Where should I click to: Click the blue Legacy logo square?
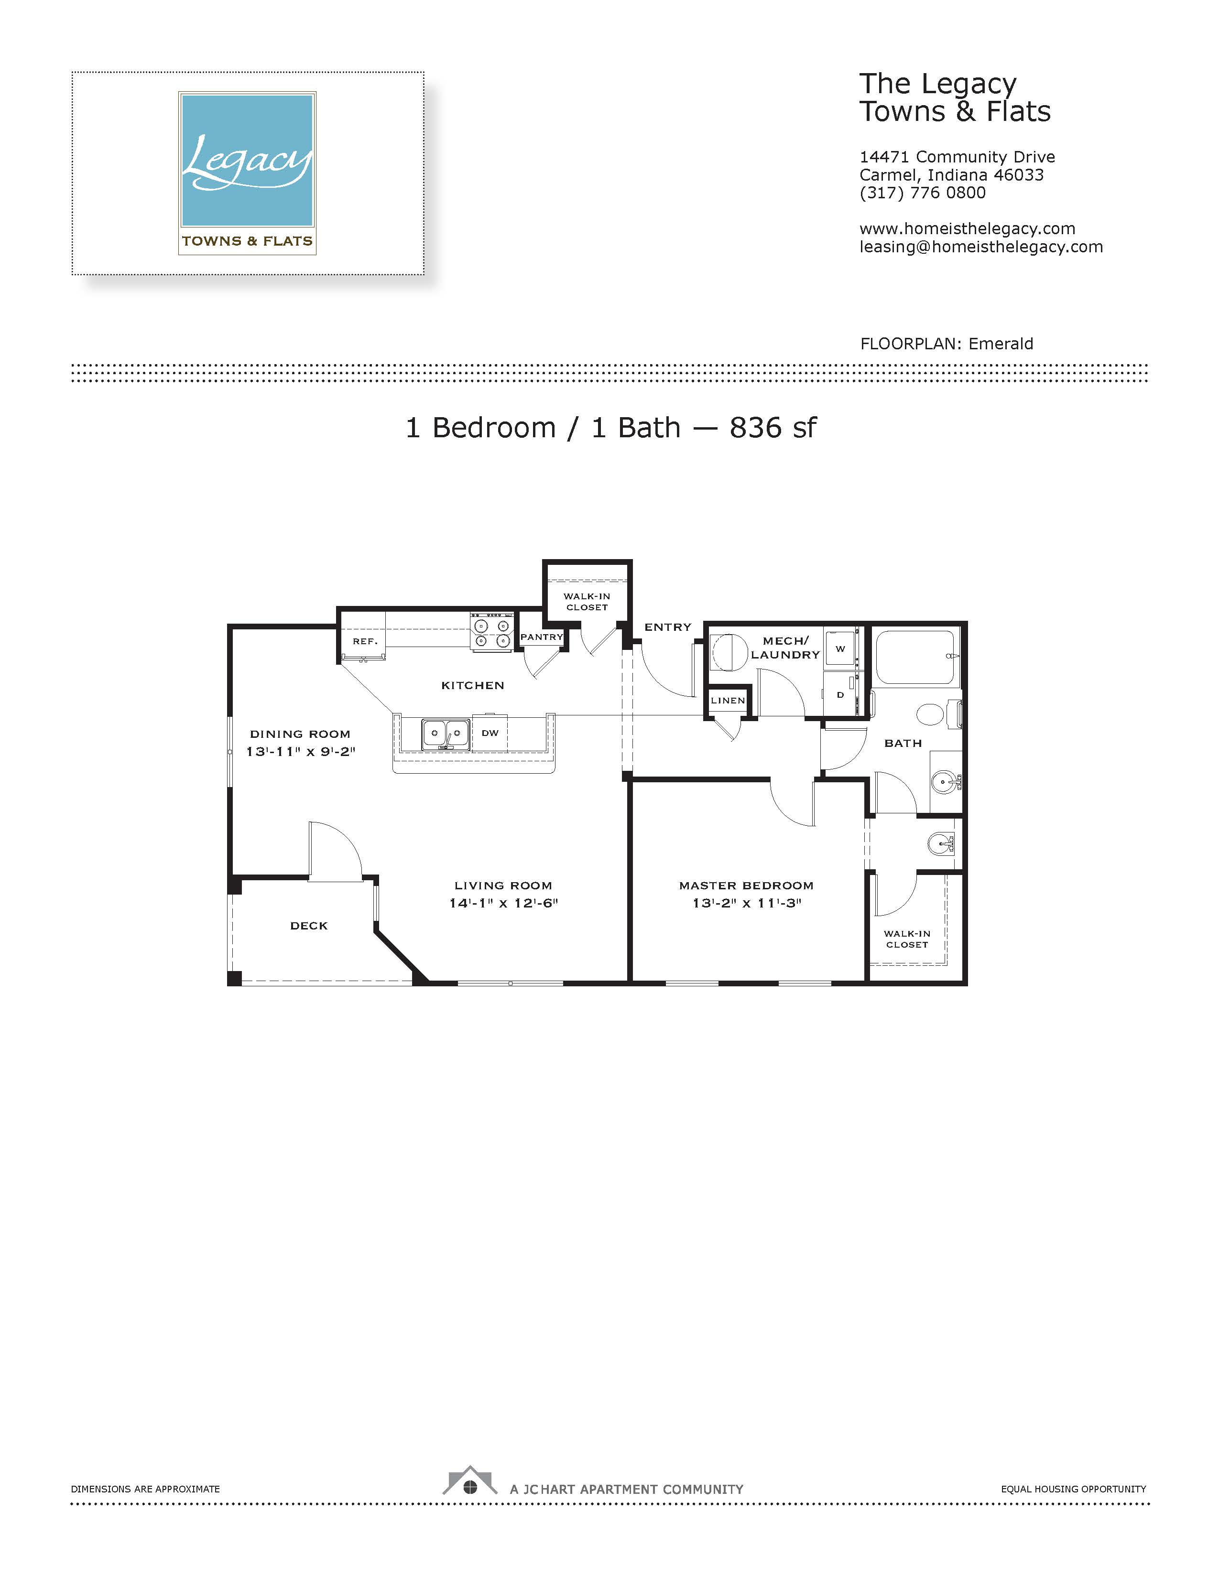point(247,160)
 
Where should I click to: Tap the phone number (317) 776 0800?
point(922,193)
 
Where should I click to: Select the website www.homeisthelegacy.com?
point(967,229)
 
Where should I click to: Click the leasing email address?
point(980,247)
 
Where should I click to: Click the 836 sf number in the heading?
point(773,428)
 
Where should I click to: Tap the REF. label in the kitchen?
point(365,641)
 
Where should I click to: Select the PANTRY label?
point(542,637)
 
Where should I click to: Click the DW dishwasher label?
point(490,733)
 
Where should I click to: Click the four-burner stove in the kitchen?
point(492,633)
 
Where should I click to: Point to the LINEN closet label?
point(728,701)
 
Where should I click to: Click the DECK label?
point(309,926)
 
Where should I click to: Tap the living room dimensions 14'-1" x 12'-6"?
point(503,903)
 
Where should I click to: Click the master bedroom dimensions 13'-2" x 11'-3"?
point(747,903)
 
